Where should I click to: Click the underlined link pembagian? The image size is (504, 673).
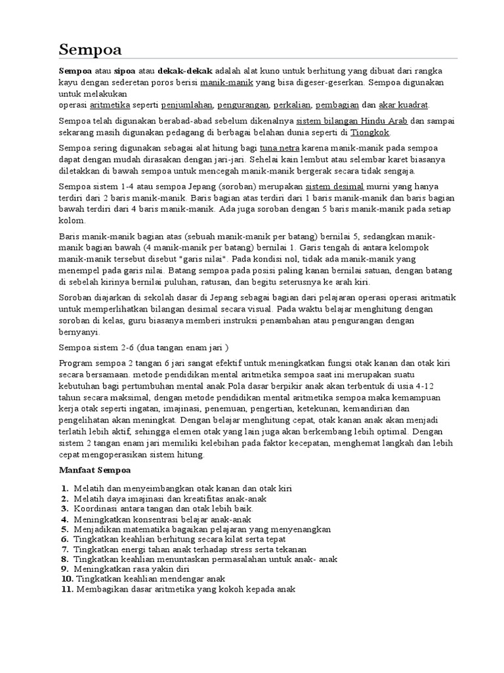[x=337, y=105]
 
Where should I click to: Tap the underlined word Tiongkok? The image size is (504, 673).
[x=370, y=132]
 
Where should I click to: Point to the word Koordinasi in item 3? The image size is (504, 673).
[x=97, y=509]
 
